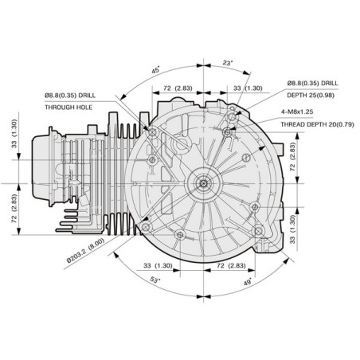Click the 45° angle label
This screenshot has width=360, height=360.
(156, 70)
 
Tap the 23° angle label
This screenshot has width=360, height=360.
(228, 63)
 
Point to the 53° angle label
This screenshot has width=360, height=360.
(155, 280)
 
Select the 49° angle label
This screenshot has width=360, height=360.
(248, 282)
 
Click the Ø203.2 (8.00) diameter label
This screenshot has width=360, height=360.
(86, 250)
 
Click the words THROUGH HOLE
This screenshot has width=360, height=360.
(68, 108)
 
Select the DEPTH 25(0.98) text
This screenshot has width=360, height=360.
(311, 95)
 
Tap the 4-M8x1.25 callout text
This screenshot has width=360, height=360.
(297, 112)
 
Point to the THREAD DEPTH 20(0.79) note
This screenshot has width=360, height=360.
(317, 124)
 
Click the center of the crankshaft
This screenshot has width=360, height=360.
(203, 183)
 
